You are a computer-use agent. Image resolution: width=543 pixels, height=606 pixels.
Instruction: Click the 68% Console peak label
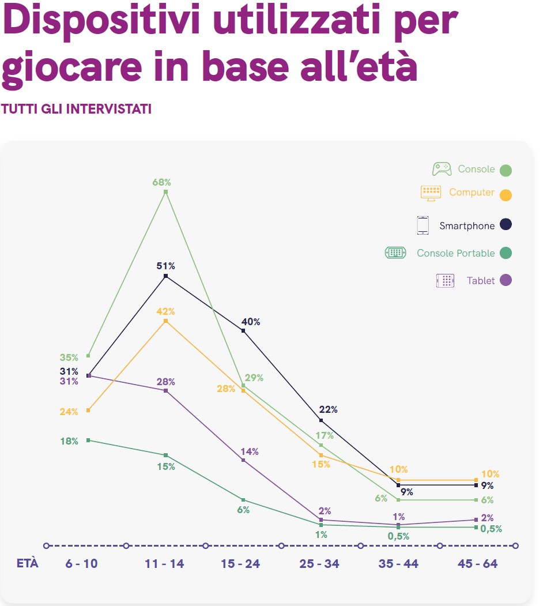[x=161, y=182]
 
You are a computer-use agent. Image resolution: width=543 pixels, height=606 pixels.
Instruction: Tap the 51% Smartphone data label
[x=165, y=266]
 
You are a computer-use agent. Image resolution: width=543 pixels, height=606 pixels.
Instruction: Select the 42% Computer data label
[x=165, y=311]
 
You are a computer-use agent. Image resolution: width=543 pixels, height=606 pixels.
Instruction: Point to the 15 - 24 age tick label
[x=240, y=564]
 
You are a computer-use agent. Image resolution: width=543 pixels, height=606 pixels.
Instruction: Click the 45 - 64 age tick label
[x=478, y=564]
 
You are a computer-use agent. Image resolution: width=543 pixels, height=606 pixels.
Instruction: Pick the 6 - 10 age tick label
[x=81, y=564]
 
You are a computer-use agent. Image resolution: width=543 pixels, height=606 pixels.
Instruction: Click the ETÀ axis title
[x=27, y=563]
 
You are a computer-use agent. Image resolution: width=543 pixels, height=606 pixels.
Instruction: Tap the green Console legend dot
[x=506, y=170]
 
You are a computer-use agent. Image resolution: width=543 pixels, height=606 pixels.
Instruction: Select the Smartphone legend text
[x=467, y=225]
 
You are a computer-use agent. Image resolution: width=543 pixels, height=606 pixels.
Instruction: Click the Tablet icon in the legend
[x=445, y=281]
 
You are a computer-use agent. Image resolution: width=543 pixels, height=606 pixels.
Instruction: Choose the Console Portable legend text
[x=455, y=253]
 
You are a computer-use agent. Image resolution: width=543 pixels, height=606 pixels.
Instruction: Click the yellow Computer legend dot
[x=506, y=195]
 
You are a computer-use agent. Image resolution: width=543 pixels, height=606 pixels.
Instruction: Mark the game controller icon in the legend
[x=442, y=169]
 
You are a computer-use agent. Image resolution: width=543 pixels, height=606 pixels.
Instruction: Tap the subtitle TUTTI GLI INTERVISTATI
[x=77, y=109]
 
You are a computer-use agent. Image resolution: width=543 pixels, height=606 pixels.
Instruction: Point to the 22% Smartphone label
[x=328, y=410]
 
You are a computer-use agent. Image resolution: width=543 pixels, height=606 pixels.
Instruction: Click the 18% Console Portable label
[x=69, y=441]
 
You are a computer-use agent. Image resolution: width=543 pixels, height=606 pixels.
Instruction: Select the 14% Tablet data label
[x=250, y=451]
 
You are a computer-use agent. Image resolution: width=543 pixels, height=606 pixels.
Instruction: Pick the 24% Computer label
[x=69, y=412]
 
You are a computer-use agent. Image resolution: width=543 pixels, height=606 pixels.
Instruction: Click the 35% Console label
[x=69, y=357]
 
